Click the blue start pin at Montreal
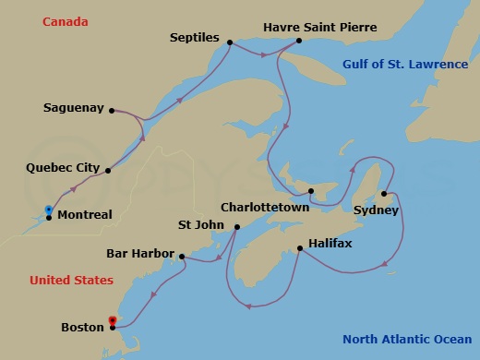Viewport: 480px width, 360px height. click(x=48, y=210)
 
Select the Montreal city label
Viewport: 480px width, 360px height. click(x=85, y=215)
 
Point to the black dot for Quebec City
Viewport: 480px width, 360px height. click(x=109, y=171)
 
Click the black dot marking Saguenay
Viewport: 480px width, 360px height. click(x=112, y=111)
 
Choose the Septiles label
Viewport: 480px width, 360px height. click(x=194, y=39)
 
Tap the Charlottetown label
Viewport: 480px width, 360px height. click(x=264, y=208)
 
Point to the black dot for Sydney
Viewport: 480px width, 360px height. click(x=383, y=194)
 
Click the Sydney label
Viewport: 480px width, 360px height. click(x=376, y=210)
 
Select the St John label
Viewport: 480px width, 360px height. click(x=203, y=224)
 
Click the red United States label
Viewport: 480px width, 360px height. click(x=71, y=280)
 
